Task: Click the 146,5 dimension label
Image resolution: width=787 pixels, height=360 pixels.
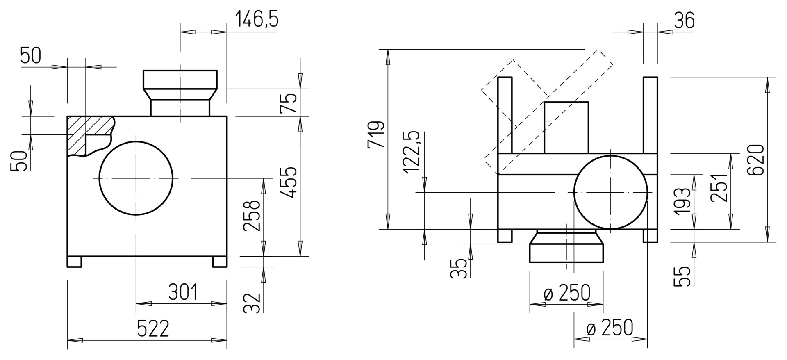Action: coord(257,20)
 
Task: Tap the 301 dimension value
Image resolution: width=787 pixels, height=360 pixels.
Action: coord(183,292)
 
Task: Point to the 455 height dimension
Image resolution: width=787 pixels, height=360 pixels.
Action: coord(291,182)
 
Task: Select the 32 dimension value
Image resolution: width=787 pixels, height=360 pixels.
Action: coord(252,303)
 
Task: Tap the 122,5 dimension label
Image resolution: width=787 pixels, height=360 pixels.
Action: coord(411,153)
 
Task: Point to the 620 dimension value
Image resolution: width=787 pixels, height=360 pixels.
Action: coord(755,160)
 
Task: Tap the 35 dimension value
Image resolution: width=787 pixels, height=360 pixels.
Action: coord(459,269)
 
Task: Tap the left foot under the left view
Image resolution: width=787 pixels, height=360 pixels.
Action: coord(75,262)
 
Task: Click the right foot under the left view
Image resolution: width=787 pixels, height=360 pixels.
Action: coord(220,262)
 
